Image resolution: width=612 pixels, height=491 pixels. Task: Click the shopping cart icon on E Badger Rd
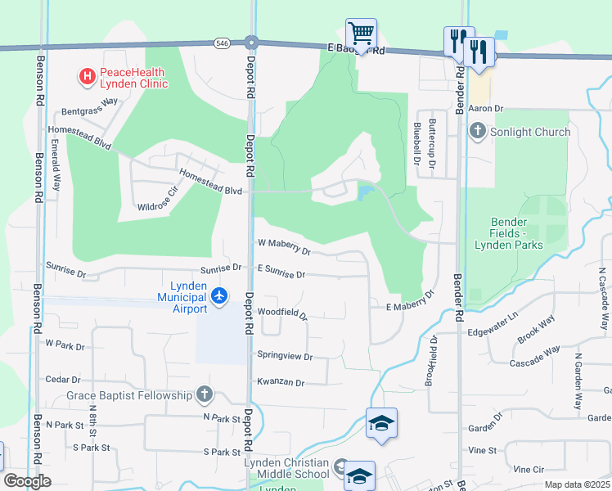point(361,34)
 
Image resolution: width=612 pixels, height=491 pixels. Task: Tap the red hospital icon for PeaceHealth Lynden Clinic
point(87,77)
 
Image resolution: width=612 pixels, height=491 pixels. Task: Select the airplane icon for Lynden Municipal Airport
point(218,295)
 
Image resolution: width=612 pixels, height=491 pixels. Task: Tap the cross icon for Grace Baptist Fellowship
point(204,396)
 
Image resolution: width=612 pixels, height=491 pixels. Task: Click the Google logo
point(27,481)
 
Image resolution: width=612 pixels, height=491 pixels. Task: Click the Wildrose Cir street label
point(157,201)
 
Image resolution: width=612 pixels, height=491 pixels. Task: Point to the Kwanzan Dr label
point(280,382)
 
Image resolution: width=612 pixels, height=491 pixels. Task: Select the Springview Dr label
point(285,356)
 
